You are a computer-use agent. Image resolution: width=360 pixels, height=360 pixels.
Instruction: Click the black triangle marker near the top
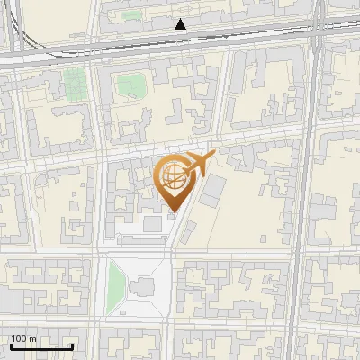[x=182, y=24]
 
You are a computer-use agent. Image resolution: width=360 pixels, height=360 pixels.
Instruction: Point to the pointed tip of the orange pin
[x=172, y=211]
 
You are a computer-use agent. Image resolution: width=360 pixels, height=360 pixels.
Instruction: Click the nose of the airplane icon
[x=213, y=155]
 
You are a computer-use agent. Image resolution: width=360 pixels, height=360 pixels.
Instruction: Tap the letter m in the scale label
[x=33, y=339]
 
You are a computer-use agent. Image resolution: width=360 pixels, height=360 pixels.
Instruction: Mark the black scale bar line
[x=41, y=346]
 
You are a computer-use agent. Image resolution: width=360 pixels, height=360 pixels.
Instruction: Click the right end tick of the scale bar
[x=72, y=345]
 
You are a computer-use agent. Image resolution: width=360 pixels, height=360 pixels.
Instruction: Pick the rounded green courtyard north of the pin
[x=131, y=86]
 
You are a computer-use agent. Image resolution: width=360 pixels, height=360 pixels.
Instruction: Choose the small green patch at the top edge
[x=132, y=14]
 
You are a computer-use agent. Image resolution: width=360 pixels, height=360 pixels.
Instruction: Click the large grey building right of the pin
[x=214, y=191]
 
